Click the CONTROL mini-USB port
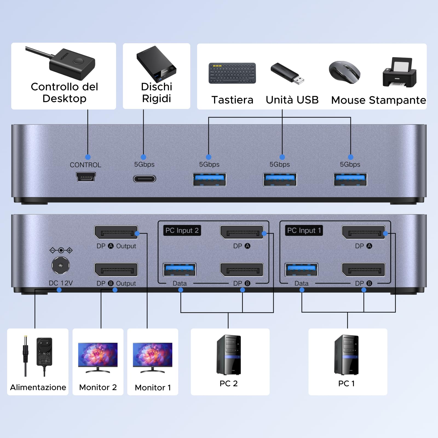[x=86, y=177]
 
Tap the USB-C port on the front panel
[x=145, y=179]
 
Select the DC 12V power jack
[x=61, y=265]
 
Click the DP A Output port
[x=116, y=232]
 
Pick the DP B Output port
[x=116, y=270]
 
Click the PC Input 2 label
[x=182, y=230]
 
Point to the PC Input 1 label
[x=304, y=230]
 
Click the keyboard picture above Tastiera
[x=232, y=73]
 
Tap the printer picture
[x=400, y=73]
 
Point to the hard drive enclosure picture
[x=157, y=65]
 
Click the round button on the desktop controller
[x=79, y=61]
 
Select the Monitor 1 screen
[x=152, y=355]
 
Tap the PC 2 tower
[x=229, y=355]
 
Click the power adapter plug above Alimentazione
[x=44, y=352]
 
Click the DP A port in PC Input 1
[x=364, y=232]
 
